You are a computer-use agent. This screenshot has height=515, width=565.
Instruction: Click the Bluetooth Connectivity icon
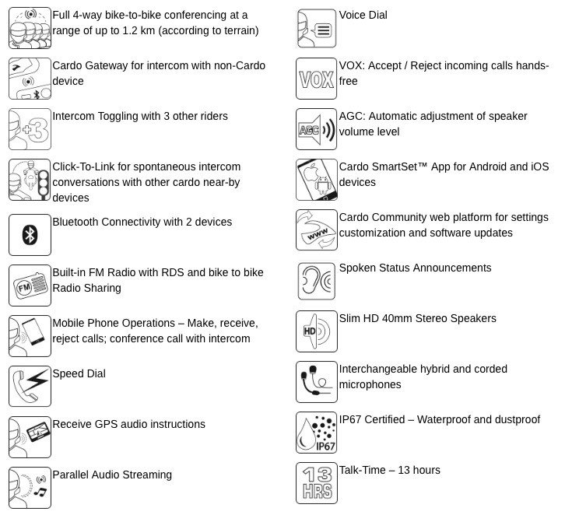(x=30, y=234)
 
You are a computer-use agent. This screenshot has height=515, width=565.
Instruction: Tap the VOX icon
(x=316, y=79)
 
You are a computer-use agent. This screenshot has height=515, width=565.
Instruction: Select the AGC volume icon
(x=316, y=129)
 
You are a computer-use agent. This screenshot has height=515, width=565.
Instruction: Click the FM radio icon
(x=30, y=285)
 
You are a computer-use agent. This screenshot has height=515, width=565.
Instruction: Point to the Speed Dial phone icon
(x=30, y=386)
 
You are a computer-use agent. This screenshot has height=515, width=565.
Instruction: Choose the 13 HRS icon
(x=316, y=483)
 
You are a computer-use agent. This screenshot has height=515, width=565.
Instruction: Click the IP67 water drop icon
(x=316, y=433)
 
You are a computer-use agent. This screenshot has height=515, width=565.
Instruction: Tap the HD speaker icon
(x=316, y=331)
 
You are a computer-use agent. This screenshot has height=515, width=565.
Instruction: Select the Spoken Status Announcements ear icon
(x=316, y=281)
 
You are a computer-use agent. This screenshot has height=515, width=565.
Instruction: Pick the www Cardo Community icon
(x=316, y=230)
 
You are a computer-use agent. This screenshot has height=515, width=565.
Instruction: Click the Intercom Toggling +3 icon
(x=30, y=129)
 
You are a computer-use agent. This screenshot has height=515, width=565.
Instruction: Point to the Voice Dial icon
(x=316, y=28)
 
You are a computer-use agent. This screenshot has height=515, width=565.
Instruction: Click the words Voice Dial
(x=363, y=16)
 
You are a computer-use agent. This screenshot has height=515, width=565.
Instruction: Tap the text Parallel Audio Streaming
(x=112, y=475)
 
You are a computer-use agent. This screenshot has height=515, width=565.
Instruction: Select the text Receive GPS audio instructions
(x=128, y=424)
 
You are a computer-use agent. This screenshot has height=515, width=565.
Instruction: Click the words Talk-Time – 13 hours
(x=389, y=470)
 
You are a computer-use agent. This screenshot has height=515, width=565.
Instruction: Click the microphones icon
(x=316, y=382)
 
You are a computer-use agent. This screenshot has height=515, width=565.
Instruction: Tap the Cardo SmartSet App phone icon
(x=316, y=180)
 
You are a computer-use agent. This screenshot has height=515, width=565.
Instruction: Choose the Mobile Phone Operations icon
(x=30, y=335)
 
